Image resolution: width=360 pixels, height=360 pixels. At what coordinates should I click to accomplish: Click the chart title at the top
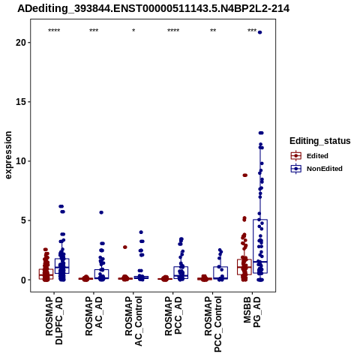click(153, 9)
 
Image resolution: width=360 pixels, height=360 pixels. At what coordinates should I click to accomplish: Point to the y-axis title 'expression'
click(8, 155)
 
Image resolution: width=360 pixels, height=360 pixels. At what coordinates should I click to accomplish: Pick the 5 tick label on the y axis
click(24, 220)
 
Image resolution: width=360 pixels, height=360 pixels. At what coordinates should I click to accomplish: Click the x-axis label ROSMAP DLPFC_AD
click(54, 320)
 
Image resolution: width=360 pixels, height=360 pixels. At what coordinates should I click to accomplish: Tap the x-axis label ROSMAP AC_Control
click(133, 321)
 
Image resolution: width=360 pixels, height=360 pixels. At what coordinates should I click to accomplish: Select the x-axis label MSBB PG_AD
click(252, 312)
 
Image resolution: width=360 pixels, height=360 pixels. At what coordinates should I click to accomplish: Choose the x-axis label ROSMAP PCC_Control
click(213, 324)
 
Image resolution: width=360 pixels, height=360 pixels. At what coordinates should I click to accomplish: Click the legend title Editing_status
click(320, 141)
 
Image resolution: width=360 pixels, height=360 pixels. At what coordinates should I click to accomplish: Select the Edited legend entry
click(310, 156)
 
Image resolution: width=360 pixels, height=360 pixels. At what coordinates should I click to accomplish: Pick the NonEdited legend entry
click(316, 169)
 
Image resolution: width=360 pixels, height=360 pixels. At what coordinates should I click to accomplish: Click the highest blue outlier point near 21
click(259, 32)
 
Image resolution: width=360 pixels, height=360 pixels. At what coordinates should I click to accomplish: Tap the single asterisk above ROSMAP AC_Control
click(133, 31)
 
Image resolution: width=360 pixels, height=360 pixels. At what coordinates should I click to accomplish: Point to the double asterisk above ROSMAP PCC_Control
click(213, 31)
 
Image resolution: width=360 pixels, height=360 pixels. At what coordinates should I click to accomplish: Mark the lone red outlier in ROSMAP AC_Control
click(125, 247)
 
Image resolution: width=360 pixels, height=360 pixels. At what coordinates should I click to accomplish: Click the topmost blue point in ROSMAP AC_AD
click(101, 212)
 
